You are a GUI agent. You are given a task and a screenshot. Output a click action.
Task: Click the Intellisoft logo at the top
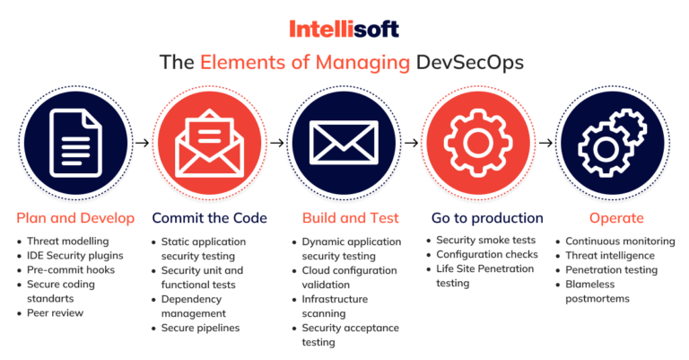[344, 29]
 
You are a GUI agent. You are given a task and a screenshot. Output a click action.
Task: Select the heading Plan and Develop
[75, 218]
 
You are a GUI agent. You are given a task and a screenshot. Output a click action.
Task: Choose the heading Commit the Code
[209, 218]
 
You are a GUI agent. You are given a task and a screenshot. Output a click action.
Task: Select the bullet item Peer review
[57, 312]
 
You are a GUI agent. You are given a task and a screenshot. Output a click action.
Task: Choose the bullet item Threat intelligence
[611, 255]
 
